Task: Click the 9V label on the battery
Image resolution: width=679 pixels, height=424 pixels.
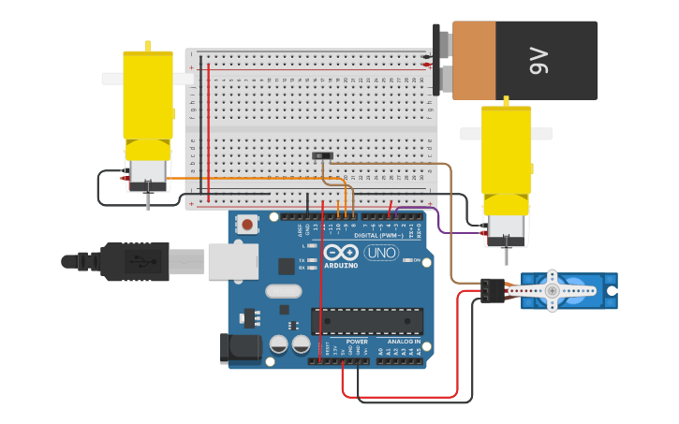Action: [x=539, y=62]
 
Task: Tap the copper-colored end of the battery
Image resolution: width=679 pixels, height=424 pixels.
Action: [x=474, y=61]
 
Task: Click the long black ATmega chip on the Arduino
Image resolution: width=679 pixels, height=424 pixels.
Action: [x=367, y=321]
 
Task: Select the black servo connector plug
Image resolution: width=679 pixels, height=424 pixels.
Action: [x=492, y=291]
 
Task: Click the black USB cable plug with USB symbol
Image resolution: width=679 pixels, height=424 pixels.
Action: [x=136, y=261]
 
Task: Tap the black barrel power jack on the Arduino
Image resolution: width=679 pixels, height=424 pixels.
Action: [x=239, y=348]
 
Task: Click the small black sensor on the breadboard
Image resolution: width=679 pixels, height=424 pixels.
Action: [x=321, y=156]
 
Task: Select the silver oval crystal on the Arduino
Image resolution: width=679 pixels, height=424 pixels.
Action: [x=283, y=291]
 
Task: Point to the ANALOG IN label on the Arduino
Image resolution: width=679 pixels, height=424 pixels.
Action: [x=404, y=342]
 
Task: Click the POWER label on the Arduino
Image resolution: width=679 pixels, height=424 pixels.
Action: [x=357, y=342]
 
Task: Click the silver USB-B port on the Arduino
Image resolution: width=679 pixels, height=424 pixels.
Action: [x=232, y=261]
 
